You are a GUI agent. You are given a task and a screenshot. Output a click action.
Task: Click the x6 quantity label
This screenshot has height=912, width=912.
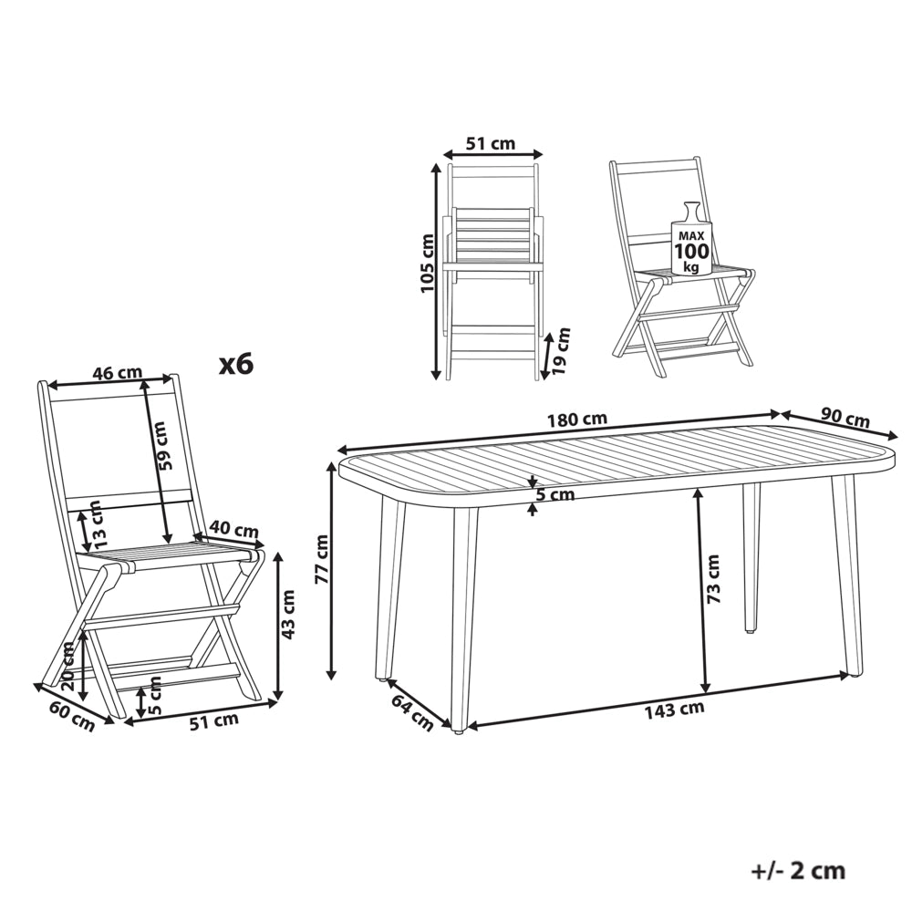coord(236,365)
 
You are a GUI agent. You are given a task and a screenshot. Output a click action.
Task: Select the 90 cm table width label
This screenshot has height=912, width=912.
coord(845,418)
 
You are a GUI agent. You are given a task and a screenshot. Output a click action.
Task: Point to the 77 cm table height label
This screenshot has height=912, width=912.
coord(323,559)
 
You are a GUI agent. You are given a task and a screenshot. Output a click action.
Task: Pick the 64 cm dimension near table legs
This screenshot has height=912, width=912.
coord(413,712)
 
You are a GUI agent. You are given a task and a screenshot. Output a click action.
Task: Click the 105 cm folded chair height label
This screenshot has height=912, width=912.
coord(428,263)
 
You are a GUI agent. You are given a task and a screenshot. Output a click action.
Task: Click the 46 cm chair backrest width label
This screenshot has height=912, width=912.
coord(117,372)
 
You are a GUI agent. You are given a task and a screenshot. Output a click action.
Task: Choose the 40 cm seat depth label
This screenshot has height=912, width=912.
coord(233,529)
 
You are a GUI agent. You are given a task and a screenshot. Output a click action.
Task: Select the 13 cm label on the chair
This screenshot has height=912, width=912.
coord(98,523)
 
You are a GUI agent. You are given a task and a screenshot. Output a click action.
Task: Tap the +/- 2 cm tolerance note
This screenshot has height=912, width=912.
coord(798,871)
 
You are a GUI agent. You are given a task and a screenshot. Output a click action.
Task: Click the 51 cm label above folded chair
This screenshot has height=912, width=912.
coord(491,143)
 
